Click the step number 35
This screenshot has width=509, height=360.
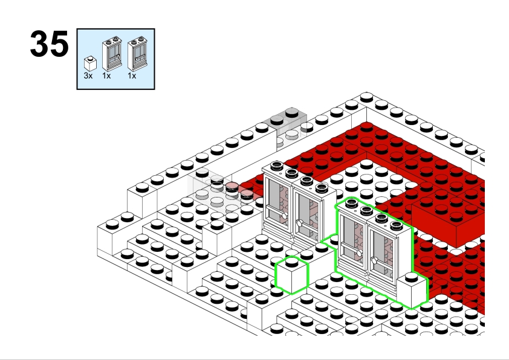(x=50, y=43)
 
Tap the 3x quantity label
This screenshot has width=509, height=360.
(x=88, y=76)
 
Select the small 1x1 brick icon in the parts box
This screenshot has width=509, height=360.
(x=90, y=63)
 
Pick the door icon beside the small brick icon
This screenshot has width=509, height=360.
(x=112, y=54)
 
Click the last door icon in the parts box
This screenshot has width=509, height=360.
(x=137, y=54)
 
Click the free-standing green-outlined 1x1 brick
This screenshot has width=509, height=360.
(x=291, y=275)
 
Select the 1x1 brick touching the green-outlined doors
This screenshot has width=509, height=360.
(x=412, y=291)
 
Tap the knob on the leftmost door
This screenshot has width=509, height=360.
(x=285, y=216)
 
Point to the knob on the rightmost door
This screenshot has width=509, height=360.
(x=374, y=260)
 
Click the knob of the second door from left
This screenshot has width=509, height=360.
(x=300, y=223)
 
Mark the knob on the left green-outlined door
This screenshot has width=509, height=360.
(x=359, y=253)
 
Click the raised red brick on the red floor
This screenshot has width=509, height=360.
(x=448, y=220)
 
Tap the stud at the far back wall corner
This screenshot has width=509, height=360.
(x=366, y=96)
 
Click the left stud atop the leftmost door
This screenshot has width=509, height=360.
(x=277, y=166)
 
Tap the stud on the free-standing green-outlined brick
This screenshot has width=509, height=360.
(x=291, y=262)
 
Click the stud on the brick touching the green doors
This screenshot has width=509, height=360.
(x=411, y=277)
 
